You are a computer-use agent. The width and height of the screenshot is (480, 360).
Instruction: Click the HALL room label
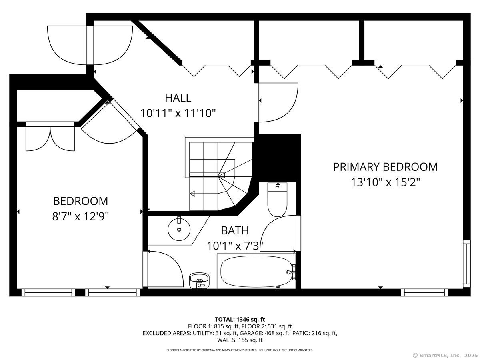pyautogui.click(x=178, y=98)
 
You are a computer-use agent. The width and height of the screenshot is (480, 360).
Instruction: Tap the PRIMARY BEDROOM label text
pyautogui.click(x=385, y=167)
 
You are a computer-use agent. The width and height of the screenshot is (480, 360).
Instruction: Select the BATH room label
pyautogui.click(x=235, y=231)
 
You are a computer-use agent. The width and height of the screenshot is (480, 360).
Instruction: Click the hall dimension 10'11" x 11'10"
pyautogui.click(x=178, y=113)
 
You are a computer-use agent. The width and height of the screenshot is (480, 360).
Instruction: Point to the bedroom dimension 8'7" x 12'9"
pyautogui.click(x=80, y=217)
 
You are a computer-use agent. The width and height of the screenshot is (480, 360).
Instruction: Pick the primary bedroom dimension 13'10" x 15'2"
pyautogui.click(x=386, y=182)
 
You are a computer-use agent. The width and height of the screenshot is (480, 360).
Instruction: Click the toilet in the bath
pyautogui.click(x=277, y=200)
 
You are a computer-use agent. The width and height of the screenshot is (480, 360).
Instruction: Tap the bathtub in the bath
pyautogui.click(x=256, y=272)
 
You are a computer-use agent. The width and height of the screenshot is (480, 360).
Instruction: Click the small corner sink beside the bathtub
pyautogui.click(x=199, y=281)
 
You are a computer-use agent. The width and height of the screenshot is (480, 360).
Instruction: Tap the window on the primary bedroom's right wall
pyautogui.click(x=467, y=264)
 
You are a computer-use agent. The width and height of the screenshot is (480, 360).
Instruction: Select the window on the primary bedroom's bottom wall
pyautogui.click(x=424, y=292)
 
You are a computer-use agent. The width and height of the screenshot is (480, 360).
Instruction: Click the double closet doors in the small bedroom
pyautogui.click(x=50, y=137)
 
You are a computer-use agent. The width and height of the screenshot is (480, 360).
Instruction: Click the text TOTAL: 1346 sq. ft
pyautogui.click(x=240, y=320)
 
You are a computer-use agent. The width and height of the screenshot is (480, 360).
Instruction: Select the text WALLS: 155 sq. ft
pyautogui.click(x=240, y=340)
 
